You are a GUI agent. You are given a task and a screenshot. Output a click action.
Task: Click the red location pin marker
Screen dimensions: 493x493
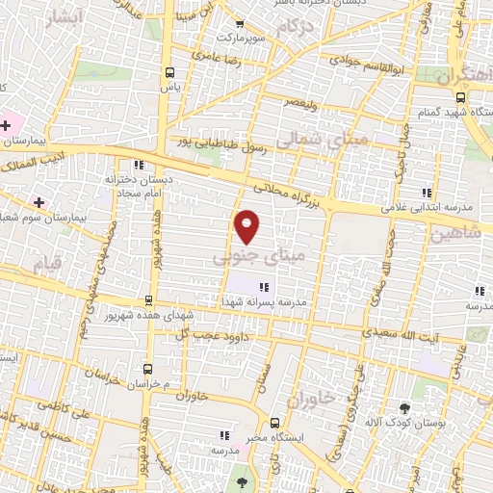click(248, 226)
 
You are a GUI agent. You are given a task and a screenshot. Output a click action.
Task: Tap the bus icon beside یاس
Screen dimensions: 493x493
click(170, 72)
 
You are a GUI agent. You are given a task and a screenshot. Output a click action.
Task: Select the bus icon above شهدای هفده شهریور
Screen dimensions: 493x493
click(147, 300)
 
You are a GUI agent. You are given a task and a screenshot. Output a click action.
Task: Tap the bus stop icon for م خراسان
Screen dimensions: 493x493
click(147, 369)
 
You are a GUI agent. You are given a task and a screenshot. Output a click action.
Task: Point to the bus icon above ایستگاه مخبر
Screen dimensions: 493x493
click(275, 423)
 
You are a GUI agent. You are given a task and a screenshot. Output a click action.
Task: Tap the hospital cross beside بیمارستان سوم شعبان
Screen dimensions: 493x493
click(39, 202)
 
